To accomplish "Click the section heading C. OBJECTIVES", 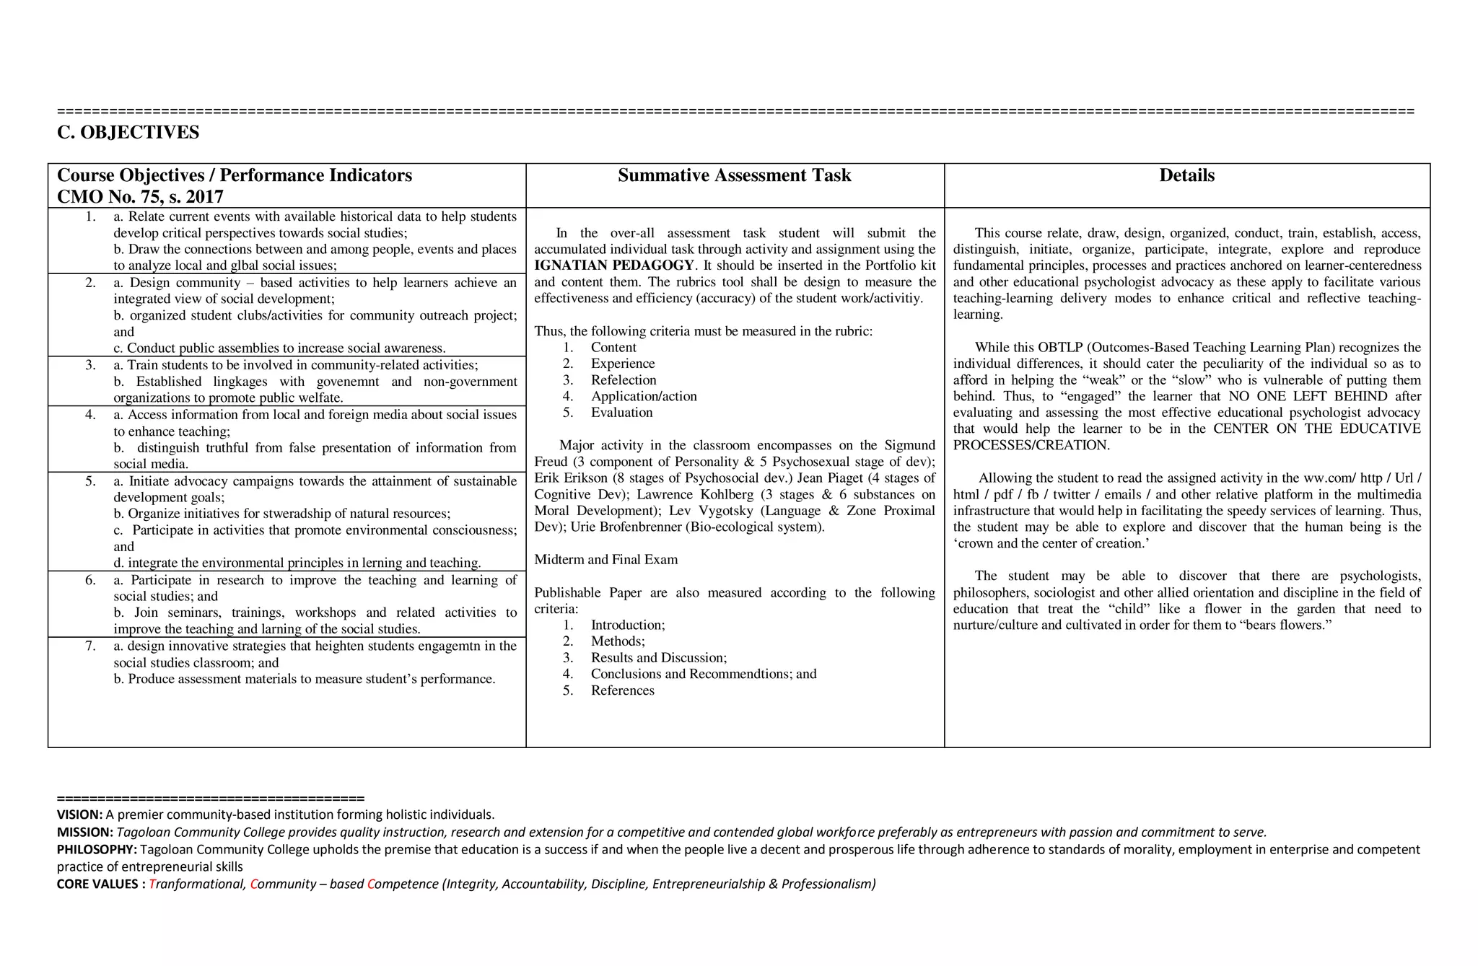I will pyautogui.click(x=128, y=133).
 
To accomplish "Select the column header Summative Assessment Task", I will pyautogui.click(x=734, y=175).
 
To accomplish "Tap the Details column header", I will pyautogui.click(x=1186, y=175).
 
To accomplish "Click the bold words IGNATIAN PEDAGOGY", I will pyautogui.click(x=613, y=265).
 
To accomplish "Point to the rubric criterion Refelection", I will pyautogui.click(x=624, y=380).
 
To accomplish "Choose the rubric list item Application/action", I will pyautogui.click(x=644, y=396).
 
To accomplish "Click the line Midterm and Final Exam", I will pyautogui.click(x=605, y=560).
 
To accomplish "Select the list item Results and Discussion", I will pyautogui.click(x=658, y=658).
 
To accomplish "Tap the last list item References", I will pyautogui.click(x=622, y=690).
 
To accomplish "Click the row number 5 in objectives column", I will pyautogui.click(x=90, y=481).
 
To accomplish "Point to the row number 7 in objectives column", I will pyautogui.click(x=90, y=646).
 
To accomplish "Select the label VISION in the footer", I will pyautogui.click(x=79, y=815).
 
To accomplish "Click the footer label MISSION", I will pyautogui.click(x=84, y=833).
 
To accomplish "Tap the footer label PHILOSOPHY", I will pyautogui.click(x=97, y=850).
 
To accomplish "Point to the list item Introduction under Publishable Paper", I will pyautogui.click(x=627, y=625).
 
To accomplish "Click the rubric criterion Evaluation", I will pyautogui.click(x=621, y=413).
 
